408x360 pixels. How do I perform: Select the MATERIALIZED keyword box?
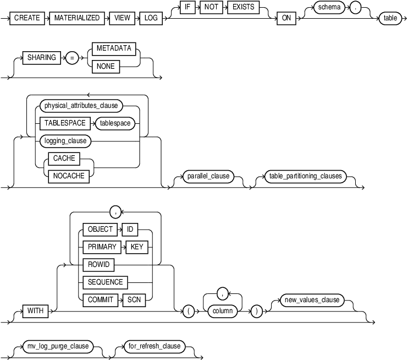pyautogui.click(x=76, y=18)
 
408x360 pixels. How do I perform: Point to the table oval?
pyautogui.click(x=391, y=18)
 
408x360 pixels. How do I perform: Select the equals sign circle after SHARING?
pyautogui.click(x=71, y=58)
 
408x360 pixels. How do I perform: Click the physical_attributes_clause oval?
pyautogui.click(x=81, y=106)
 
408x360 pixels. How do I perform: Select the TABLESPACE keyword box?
pyautogui.click(x=65, y=123)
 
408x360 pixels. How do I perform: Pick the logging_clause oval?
pyautogui.click(x=65, y=141)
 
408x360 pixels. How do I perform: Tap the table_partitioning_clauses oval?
pyautogui.click(x=304, y=177)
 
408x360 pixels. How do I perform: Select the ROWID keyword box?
pyautogui.click(x=99, y=265)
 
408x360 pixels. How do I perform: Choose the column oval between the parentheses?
pyautogui.click(x=224, y=310)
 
